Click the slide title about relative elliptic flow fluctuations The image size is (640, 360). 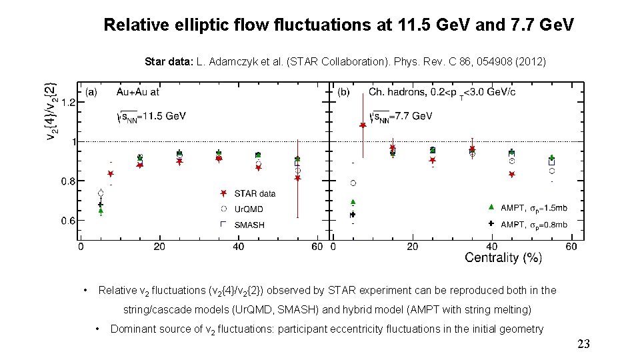click(x=339, y=26)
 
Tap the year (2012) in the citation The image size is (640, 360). click(x=529, y=61)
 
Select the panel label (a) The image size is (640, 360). click(x=91, y=91)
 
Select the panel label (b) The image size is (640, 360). click(x=345, y=91)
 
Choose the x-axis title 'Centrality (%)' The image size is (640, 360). click(x=503, y=257)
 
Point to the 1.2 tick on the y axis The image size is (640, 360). click(x=67, y=102)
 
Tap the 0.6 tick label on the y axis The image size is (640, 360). click(x=67, y=220)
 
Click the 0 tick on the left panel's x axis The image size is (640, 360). click(x=81, y=247)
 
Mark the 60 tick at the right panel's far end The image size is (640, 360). click(x=571, y=247)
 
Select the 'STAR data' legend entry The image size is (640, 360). click(x=255, y=193)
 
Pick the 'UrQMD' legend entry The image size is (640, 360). click(x=249, y=209)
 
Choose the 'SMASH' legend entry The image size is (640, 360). click(x=249, y=225)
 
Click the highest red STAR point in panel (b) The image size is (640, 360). click(x=363, y=125)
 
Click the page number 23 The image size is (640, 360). click(x=583, y=344)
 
